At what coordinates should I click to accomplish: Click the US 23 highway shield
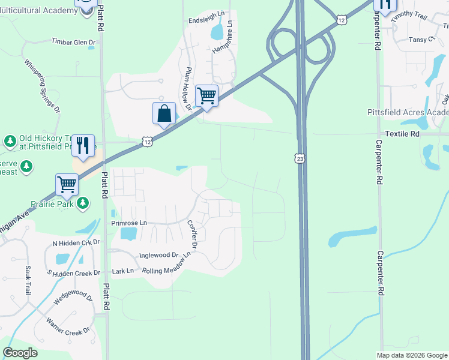300,158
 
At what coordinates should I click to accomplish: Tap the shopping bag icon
164,113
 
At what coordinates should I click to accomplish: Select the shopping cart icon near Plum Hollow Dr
206,95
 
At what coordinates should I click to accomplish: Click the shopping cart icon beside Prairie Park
67,184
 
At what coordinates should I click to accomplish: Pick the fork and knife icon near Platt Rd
83,145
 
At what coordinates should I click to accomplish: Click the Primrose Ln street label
129,223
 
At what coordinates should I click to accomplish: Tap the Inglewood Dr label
159,255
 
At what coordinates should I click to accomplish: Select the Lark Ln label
122,271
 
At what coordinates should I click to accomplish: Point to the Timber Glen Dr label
73,41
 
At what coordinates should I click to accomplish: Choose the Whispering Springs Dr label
42,86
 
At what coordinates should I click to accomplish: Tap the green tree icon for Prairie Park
85,204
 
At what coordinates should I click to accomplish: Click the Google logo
20,353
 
